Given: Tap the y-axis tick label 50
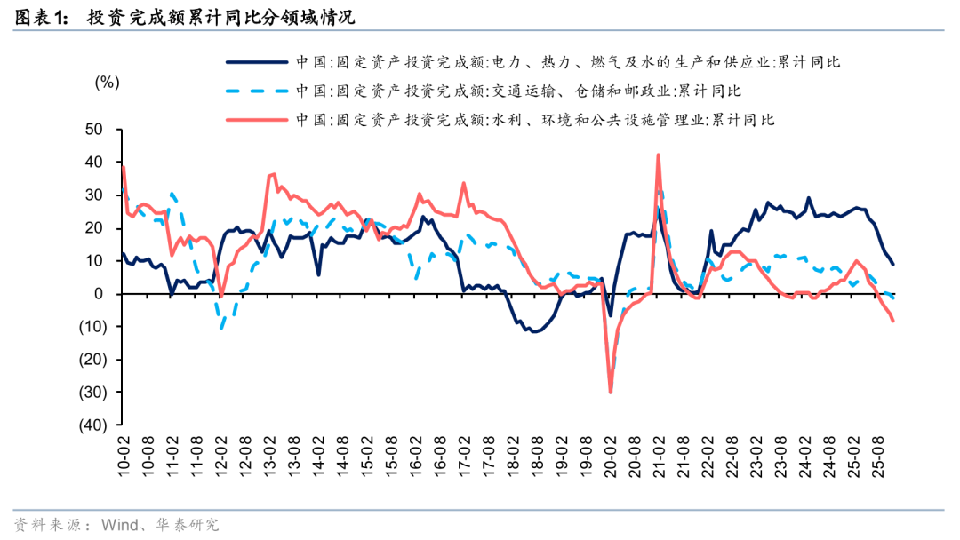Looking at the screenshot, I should coord(95,130).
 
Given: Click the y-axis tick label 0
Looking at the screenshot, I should coord(99,294).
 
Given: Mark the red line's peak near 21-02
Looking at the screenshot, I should coord(658,155).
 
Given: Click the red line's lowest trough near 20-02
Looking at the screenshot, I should coord(611,392).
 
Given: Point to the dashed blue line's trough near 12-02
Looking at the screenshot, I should coord(221,329).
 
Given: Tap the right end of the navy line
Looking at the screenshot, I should coord(893,265).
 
